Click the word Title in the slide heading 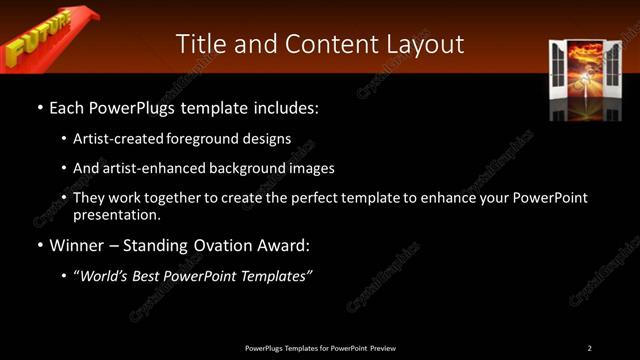(x=199, y=44)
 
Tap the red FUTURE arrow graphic (x=45, y=38)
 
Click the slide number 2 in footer (x=589, y=348)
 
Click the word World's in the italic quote (x=109, y=276)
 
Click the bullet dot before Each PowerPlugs (x=39, y=106)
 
